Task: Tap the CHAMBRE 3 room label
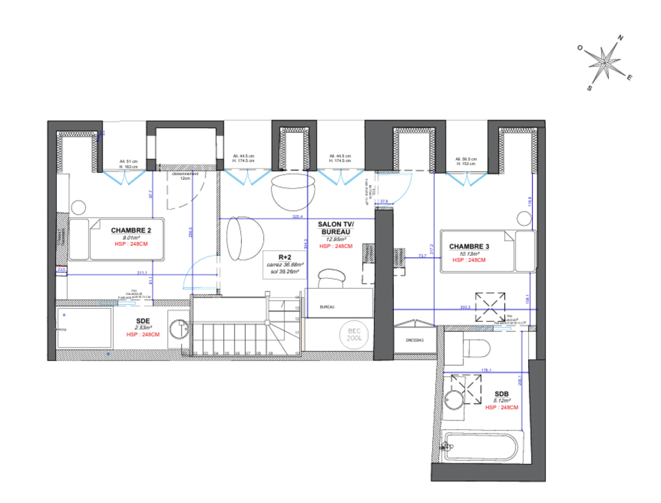469,247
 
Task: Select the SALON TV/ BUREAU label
336,229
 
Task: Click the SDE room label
143,320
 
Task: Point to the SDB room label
502,393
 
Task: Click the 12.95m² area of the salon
336,239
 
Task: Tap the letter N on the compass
621,38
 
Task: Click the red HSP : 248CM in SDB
502,407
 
